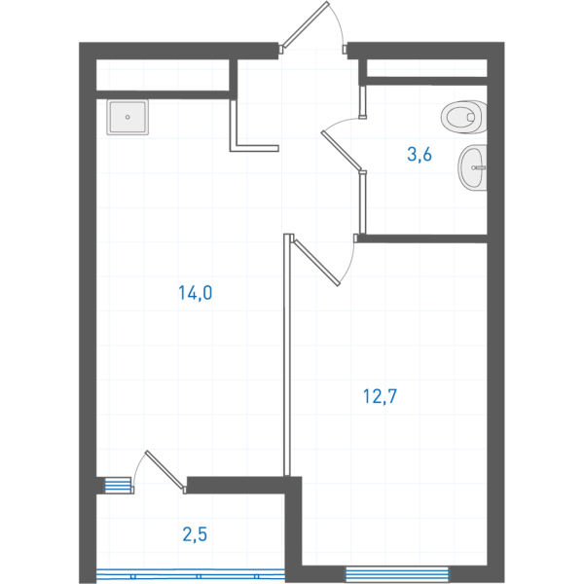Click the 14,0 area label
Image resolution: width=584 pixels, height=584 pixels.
(196, 293)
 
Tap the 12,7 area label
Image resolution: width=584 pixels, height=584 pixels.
(380, 396)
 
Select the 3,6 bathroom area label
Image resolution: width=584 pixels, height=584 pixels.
(420, 154)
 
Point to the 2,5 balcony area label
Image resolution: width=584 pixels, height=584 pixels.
(195, 534)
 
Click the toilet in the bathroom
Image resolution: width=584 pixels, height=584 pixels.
(464, 117)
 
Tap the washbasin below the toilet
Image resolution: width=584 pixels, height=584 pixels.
(472, 167)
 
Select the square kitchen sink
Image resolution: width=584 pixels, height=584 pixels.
(128, 117)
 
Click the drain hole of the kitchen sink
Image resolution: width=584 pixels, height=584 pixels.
(128, 117)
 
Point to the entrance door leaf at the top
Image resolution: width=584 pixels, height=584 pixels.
(306, 25)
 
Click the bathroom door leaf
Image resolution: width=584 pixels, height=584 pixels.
(342, 150)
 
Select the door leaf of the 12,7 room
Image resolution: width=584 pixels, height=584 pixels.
(316, 262)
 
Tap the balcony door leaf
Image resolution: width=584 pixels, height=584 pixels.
(164, 469)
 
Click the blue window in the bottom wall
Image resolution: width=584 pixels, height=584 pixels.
(397, 574)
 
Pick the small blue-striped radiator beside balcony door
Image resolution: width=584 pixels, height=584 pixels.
(118, 486)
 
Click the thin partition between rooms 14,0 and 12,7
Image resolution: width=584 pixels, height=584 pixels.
(287, 354)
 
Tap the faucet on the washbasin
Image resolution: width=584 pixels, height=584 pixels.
(479, 167)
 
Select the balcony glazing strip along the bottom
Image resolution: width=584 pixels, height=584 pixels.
(191, 575)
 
